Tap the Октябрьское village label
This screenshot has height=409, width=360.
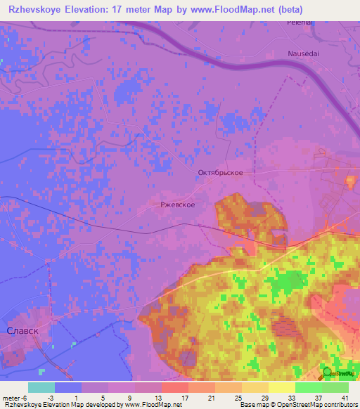pos(220,172)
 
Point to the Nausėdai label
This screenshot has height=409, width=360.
pos(303,53)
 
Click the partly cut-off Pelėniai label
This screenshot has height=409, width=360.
pos(299,22)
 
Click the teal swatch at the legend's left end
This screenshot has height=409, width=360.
pos(41,387)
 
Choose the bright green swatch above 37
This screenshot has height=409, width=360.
pos(308,387)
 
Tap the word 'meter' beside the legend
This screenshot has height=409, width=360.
pos(13,397)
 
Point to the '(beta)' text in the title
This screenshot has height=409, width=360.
pos(308,9)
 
